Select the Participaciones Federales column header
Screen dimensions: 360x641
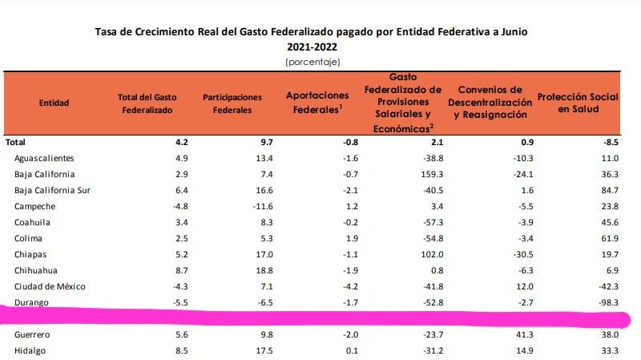(232, 103)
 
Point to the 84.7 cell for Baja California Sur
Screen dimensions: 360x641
(608, 190)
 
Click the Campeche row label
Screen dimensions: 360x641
(34, 206)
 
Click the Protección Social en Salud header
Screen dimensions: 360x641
(578, 103)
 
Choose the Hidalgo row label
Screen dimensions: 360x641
(30, 350)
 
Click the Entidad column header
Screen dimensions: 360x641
(54, 103)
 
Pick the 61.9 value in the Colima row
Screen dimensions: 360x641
(608, 238)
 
